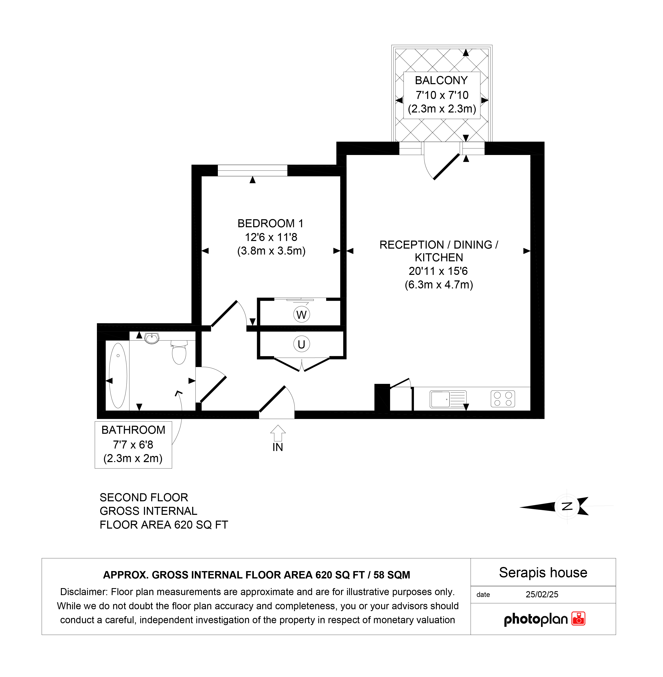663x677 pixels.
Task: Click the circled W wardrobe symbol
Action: (302, 315)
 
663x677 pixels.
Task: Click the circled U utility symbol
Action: (302, 344)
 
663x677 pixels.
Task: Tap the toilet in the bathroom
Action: (179, 352)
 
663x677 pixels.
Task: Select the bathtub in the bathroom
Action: (118, 376)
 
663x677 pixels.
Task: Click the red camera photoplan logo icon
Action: (578, 619)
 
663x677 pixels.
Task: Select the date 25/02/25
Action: (542, 594)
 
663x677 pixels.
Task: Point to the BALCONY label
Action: (441, 80)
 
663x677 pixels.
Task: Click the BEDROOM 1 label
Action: (271, 224)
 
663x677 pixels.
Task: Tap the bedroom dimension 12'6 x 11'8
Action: (271, 237)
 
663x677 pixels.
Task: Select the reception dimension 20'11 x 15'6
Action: (438, 271)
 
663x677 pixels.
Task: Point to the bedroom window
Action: (253, 171)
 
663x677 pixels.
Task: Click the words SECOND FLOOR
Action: (144, 497)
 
